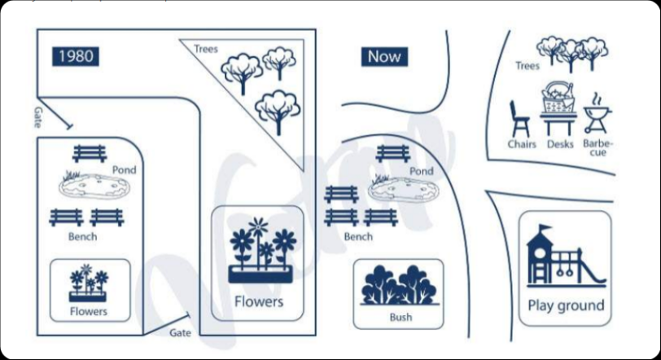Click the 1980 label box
tap(76, 55)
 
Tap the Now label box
tap(384, 56)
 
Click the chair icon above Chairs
tap(519, 118)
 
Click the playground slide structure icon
tap(565, 254)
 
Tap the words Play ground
tap(566, 305)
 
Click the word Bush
tap(400, 316)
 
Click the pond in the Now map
tap(403, 191)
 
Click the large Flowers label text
tap(259, 301)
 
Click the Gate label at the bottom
tap(180, 332)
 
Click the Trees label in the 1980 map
tap(206, 50)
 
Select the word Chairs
tap(522, 144)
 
